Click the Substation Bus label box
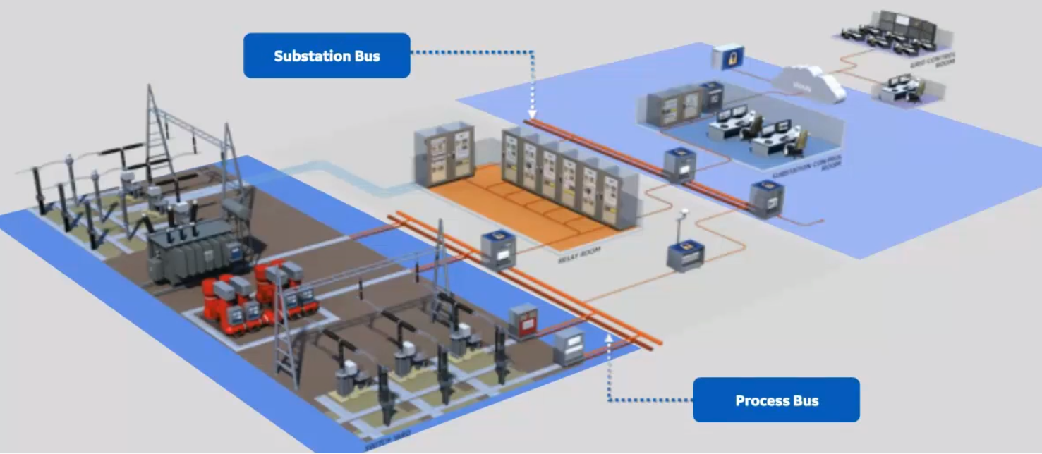pyautogui.click(x=327, y=56)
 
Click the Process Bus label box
pyautogui.click(x=776, y=400)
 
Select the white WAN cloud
pyautogui.click(x=809, y=83)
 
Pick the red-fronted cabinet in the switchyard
pyautogui.click(x=523, y=321)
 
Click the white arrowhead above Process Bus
pyautogui.click(x=609, y=338)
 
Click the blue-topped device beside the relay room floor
pyautogui.click(x=499, y=249)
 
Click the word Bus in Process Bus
pyautogui.click(x=805, y=400)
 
